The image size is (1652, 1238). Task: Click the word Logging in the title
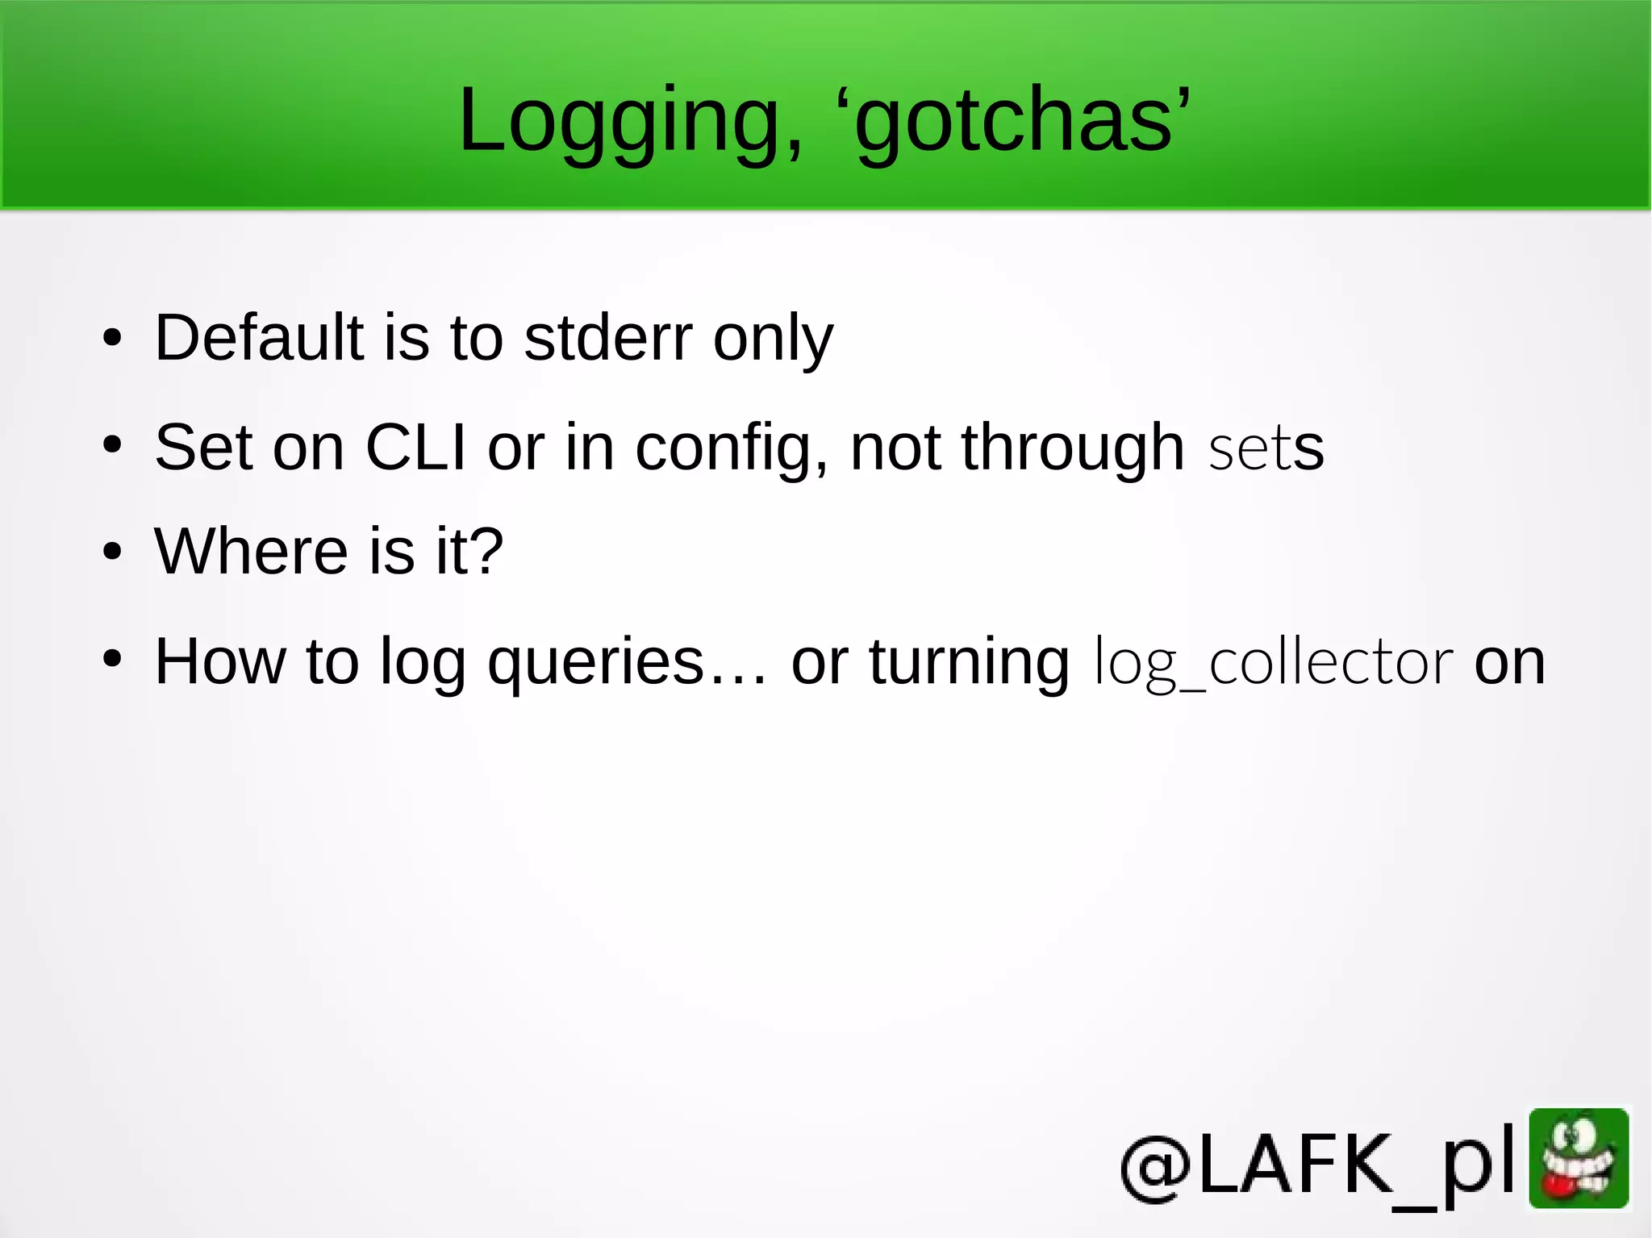pyautogui.click(x=630, y=121)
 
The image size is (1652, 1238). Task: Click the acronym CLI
pyautogui.click(x=415, y=447)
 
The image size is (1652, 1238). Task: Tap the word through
pyautogui.click(x=1073, y=448)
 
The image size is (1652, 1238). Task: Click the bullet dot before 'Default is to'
pyautogui.click(x=112, y=338)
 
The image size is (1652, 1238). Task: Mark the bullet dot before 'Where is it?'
pyautogui.click(x=112, y=552)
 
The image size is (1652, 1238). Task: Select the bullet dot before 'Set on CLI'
pyautogui.click(x=112, y=444)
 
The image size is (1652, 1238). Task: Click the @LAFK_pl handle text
pyautogui.click(x=1319, y=1165)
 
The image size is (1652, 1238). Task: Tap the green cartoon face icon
pyautogui.click(x=1579, y=1158)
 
